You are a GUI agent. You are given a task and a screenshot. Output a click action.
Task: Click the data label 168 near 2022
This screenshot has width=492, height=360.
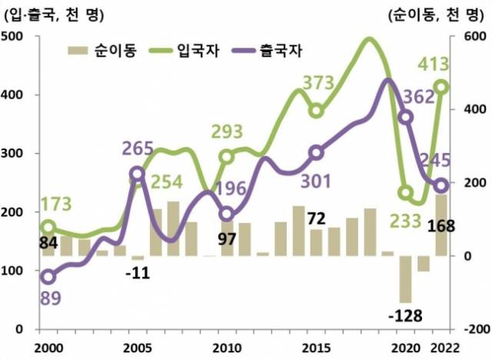pyautogui.click(x=446, y=226)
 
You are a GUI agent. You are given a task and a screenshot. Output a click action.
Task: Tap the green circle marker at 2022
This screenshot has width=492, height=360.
pyautogui.click(x=441, y=87)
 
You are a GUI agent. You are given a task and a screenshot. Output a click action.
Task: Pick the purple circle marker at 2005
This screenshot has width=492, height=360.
pyautogui.click(x=138, y=174)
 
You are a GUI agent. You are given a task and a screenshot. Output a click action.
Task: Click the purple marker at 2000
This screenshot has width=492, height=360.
pyautogui.click(x=48, y=277)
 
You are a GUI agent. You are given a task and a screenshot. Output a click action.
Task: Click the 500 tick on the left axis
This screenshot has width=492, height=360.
pyautogui.click(x=14, y=37)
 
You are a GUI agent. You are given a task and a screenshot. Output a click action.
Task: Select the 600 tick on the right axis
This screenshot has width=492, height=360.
pyautogui.click(x=470, y=37)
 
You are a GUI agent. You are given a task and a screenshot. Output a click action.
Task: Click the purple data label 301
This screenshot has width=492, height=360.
pyautogui.click(x=314, y=182)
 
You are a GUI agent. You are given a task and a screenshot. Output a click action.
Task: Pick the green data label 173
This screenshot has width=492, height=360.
pyautogui.click(x=55, y=205)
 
